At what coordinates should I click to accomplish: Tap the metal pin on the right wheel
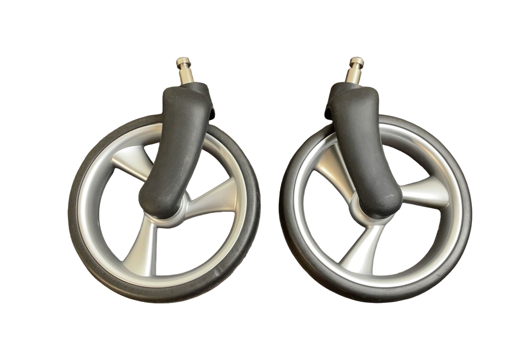355,69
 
